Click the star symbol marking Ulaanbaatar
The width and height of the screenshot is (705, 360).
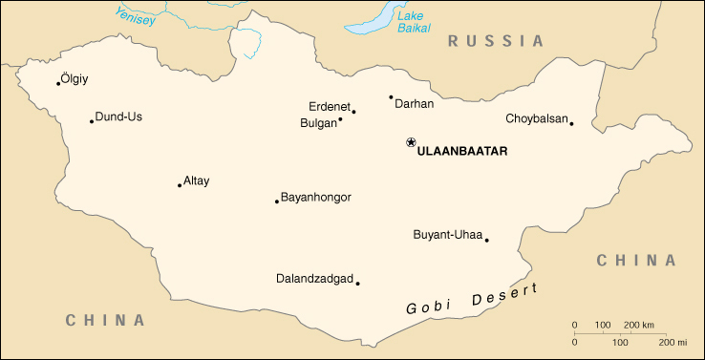coord(411,142)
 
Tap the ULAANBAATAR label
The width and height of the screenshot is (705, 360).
coord(462,151)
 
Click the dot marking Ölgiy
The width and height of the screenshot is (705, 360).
coord(58,83)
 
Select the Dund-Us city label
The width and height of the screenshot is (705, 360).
coord(118,116)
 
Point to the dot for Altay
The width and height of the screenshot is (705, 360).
coord(180,185)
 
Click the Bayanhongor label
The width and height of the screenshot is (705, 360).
coord(315,197)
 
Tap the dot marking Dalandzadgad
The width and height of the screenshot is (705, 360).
coord(357,283)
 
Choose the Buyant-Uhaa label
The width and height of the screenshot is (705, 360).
coord(447,235)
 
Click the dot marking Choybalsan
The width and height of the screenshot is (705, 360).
coord(571,123)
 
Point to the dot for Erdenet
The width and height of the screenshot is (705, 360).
coord(353,112)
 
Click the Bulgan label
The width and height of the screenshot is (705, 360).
coord(318,123)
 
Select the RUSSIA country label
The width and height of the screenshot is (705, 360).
coord(496,41)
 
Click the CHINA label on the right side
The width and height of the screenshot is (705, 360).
coord(636,260)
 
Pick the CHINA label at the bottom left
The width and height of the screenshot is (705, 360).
coord(105,320)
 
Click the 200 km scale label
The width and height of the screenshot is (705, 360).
coord(639,326)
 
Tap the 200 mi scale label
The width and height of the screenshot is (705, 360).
coord(673,341)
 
